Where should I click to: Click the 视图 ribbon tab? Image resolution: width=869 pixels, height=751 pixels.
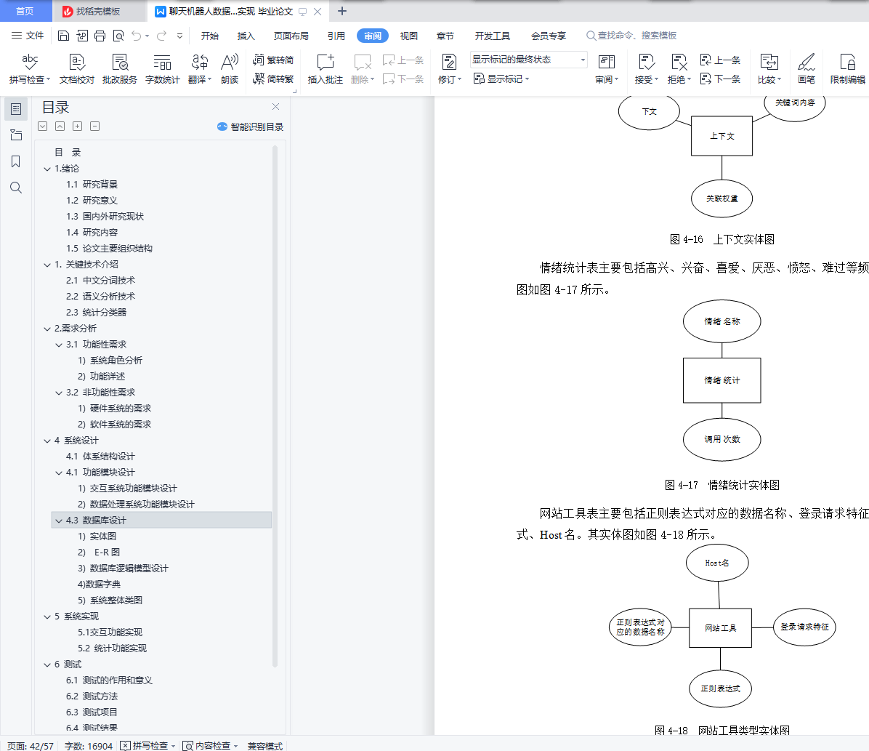click(409, 36)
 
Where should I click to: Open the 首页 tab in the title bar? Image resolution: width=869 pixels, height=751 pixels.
click(25, 11)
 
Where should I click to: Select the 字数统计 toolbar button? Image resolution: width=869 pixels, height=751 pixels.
click(162, 68)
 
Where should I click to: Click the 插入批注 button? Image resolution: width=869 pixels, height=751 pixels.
click(325, 68)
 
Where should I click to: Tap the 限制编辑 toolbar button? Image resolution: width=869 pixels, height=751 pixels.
click(847, 68)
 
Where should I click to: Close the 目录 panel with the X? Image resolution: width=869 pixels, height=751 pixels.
click(275, 107)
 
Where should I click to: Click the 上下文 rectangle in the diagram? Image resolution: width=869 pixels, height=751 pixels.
click(722, 136)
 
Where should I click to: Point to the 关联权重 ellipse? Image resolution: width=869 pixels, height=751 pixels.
click(722, 198)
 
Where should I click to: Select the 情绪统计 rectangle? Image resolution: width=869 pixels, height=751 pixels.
click(722, 380)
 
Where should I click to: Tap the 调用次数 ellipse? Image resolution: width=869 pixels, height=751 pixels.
click(722, 439)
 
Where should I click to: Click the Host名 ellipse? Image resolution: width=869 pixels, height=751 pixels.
click(717, 563)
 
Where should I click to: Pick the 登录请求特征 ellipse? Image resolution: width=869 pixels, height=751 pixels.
click(804, 627)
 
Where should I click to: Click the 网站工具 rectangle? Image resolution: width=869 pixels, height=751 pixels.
click(720, 627)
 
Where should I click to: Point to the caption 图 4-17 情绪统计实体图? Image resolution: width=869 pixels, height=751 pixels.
click(722, 485)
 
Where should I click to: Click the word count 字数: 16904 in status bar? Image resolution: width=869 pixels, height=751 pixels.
click(89, 746)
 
